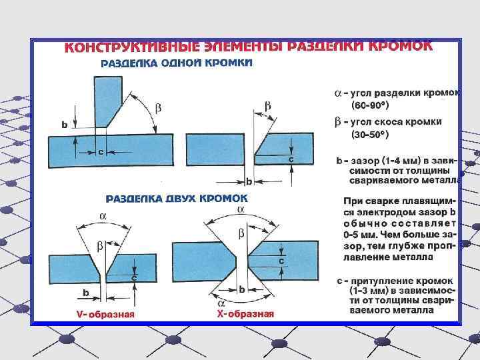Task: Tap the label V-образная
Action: click(105, 315)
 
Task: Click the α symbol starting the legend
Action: click(338, 93)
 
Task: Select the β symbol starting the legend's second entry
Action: click(338, 121)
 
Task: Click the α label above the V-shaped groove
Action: click(103, 216)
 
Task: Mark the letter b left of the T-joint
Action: click(64, 125)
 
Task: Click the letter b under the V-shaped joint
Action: click(86, 292)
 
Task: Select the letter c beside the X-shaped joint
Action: click(281, 261)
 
